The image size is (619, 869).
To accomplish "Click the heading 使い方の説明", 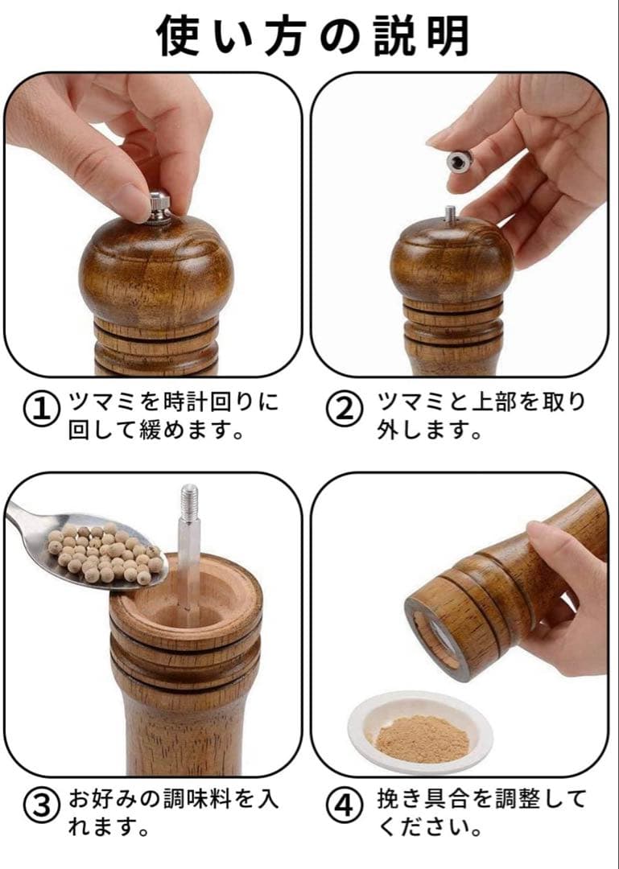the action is (x=313, y=35).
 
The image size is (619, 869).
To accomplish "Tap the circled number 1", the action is (x=40, y=410).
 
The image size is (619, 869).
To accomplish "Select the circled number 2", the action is (x=344, y=410).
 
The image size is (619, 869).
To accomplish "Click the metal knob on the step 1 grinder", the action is (x=159, y=208).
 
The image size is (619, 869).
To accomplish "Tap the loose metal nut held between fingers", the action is (x=460, y=161).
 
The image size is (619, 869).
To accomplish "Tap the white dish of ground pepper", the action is (x=420, y=731).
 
